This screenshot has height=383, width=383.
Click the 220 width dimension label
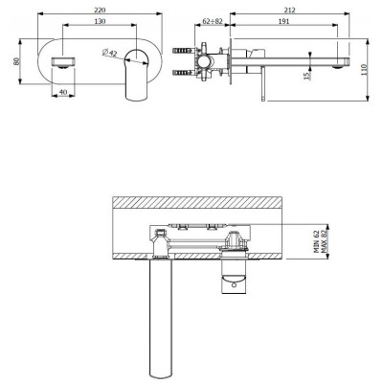click(x=100, y=10)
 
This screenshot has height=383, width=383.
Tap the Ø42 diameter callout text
click(x=110, y=53)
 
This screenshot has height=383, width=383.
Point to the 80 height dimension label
click(x=16, y=61)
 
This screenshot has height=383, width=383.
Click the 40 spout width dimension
click(x=63, y=92)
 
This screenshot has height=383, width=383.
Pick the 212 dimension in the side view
click(x=289, y=10)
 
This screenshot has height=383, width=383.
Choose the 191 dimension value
click(x=283, y=21)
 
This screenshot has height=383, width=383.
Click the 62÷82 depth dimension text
click(x=213, y=21)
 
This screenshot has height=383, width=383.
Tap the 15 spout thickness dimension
click(x=306, y=76)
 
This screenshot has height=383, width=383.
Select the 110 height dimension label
click(x=365, y=70)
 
